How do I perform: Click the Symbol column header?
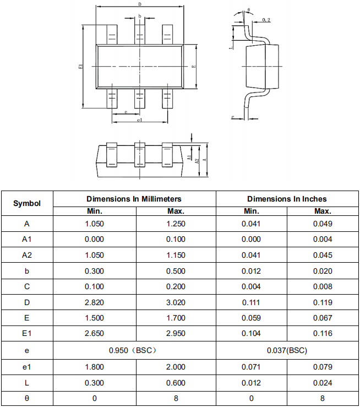[x=27, y=203]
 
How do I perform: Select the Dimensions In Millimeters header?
[x=134, y=199]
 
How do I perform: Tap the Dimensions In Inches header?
[x=287, y=199]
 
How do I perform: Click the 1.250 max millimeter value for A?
[x=176, y=224]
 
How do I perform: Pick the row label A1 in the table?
[x=27, y=240]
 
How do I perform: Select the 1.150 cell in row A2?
[x=176, y=255]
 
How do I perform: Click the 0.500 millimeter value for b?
[x=176, y=271]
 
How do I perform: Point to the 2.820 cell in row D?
[x=94, y=302]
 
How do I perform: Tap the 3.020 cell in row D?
[x=176, y=302]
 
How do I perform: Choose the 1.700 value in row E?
[x=176, y=318]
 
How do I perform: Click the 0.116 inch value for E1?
[x=323, y=334]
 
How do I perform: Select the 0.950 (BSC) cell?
[x=134, y=350]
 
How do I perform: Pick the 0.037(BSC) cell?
[x=287, y=350]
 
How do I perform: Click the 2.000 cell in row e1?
[x=176, y=367]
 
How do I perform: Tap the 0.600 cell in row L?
[x=176, y=382]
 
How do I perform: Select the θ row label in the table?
[x=27, y=398]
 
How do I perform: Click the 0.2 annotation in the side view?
[x=266, y=20]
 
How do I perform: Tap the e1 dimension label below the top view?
[x=140, y=120]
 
